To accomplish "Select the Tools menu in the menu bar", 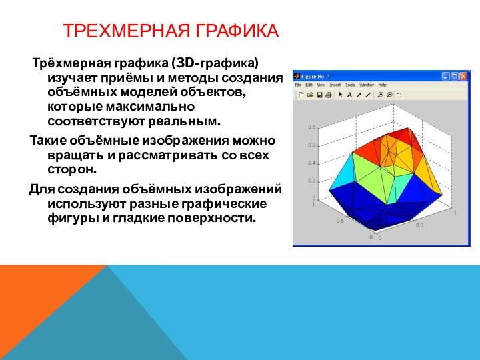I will click(350, 85).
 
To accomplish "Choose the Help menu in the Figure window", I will click(382, 85).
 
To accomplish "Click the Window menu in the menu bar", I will click(367, 85).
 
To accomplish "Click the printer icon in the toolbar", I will click(328, 95).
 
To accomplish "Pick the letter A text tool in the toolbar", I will click(349, 95).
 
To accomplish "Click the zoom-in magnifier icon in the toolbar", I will click(380, 95).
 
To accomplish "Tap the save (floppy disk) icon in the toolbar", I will click(319, 95).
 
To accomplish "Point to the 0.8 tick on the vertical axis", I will click(311, 127).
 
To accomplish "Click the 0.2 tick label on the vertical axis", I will click(311, 181).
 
